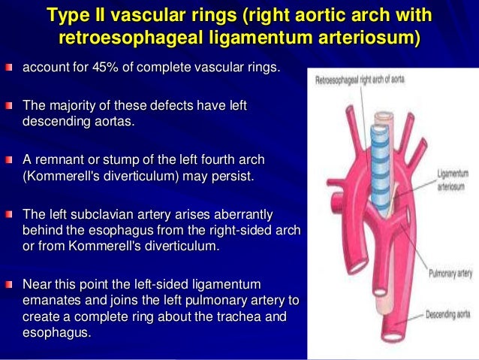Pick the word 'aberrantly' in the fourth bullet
tap(257, 215)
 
